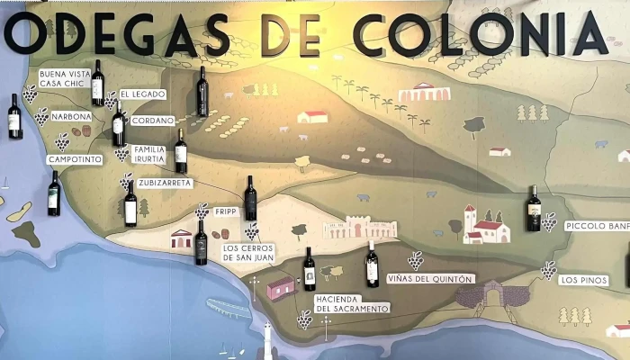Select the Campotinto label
coord(75,159)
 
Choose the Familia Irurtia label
coord(149,154)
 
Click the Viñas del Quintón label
coord(429,279)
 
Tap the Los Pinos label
coord(580,280)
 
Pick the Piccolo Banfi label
coord(597,226)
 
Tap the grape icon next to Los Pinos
coord(548,269)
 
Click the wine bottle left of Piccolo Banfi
coord(534,208)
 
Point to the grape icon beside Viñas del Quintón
coord(415,260)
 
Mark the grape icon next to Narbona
coord(42,115)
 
